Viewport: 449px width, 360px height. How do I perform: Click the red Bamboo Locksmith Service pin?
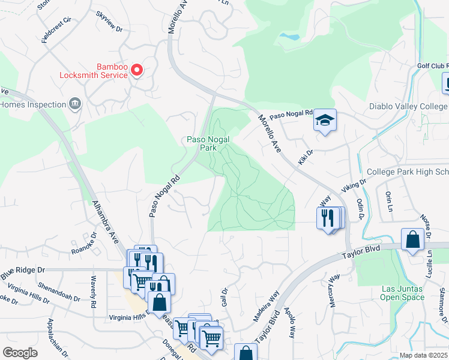click(x=137, y=70)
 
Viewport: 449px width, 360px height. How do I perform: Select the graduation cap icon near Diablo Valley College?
click(x=325, y=121)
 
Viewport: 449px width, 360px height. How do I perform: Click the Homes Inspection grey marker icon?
click(x=76, y=104)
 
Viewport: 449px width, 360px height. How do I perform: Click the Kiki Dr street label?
click(x=306, y=158)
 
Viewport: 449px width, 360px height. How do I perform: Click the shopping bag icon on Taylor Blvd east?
click(x=413, y=239)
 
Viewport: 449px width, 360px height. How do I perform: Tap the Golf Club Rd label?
click(x=432, y=65)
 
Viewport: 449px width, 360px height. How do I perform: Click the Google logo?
click(x=20, y=353)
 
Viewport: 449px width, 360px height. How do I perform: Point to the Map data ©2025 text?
click(x=423, y=355)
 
